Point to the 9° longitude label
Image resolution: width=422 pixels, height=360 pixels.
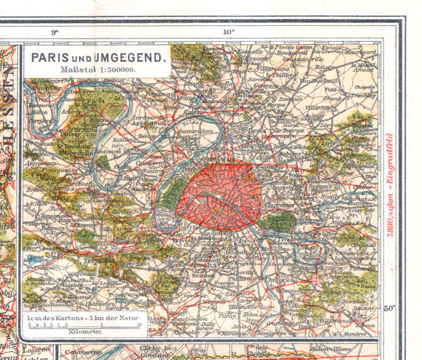[x=54, y=31]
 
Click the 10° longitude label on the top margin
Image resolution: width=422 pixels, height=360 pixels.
[x=228, y=31]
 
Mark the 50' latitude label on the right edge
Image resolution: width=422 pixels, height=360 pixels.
[x=390, y=308]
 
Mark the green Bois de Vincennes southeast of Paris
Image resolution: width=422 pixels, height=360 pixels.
[x=276, y=222]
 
